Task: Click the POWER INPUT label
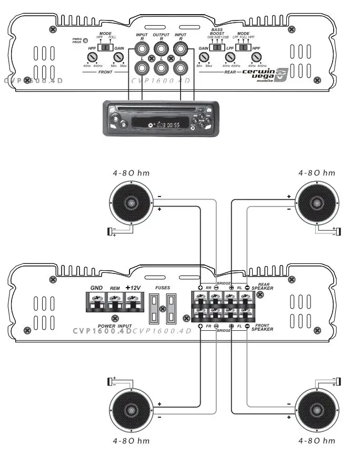(115, 326)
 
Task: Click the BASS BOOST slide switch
(217, 47)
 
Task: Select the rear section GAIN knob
(204, 56)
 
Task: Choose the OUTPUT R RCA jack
(161, 50)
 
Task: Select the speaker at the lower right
(317, 410)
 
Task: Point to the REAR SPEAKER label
(262, 288)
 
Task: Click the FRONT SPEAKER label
(262, 328)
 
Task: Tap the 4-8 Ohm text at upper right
(316, 173)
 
